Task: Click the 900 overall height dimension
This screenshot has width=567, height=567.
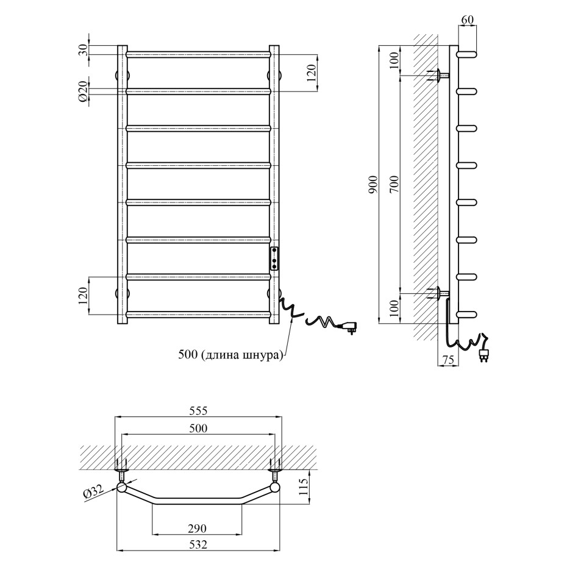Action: [x=373, y=184]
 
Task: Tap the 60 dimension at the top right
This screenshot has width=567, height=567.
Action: [x=467, y=20]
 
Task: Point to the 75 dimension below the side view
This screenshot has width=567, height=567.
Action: [x=448, y=360]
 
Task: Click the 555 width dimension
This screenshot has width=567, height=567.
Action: [x=198, y=410]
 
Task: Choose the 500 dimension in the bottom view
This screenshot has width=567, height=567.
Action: [x=198, y=428]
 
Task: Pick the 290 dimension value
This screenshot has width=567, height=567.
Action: [x=197, y=529]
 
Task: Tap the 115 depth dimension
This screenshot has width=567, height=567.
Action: [x=304, y=487]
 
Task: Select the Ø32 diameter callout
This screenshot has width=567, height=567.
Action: [x=93, y=492]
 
